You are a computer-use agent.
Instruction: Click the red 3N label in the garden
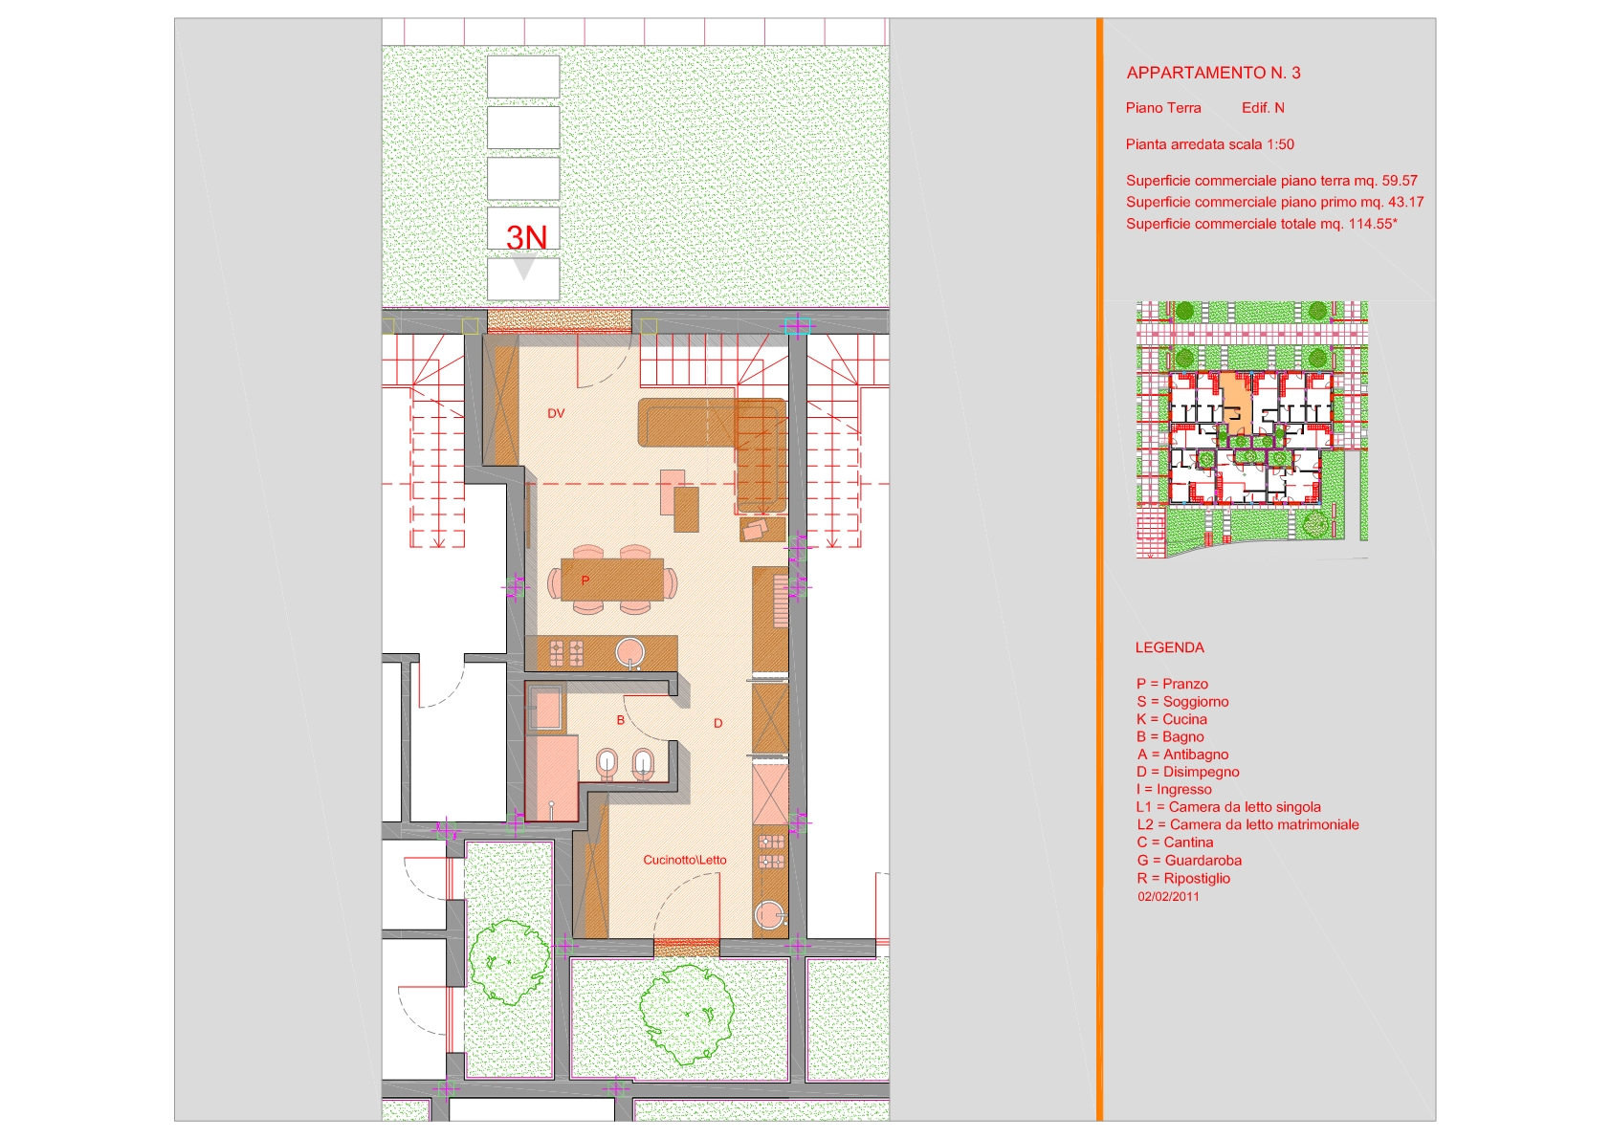pyautogui.click(x=526, y=237)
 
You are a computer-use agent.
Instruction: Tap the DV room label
pyautogui.click(x=556, y=413)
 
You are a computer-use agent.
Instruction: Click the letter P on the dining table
pyautogui.click(x=585, y=580)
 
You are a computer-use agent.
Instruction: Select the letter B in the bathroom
pyautogui.click(x=621, y=719)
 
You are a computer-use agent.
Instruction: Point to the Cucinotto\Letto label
pyautogui.click(x=685, y=860)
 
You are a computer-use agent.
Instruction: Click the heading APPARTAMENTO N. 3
pyautogui.click(x=1213, y=73)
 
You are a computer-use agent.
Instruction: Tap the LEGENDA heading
pyautogui.click(x=1169, y=647)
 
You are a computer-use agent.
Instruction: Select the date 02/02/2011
pyautogui.click(x=1168, y=896)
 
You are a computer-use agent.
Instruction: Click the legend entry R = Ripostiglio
pyautogui.click(x=1183, y=879)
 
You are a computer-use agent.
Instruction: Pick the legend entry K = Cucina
pyautogui.click(x=1172, y=719)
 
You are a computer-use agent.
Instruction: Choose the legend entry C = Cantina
pyautogui.click(x=1175, y=843)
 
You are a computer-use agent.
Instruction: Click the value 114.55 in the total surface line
pyautogui.click(x=1370, y=224)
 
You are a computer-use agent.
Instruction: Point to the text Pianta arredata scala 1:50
pyautogui.click(x=1210, y=144)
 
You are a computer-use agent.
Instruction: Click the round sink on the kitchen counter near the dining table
pyautogui.click(x=630, y=653)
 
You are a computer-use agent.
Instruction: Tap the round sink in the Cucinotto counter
pyautogui.click(x=769, y=915)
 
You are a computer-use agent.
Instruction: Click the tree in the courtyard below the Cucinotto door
pyautogui.click(x=687, y=1015)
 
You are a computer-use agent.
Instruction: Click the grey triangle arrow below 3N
pyautogui.click(x=524, y=270)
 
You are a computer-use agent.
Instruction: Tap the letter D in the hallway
pyautogui.click(x=717, y=723)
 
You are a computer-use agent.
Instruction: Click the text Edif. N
pyautogui.click(x=1263, y=108)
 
